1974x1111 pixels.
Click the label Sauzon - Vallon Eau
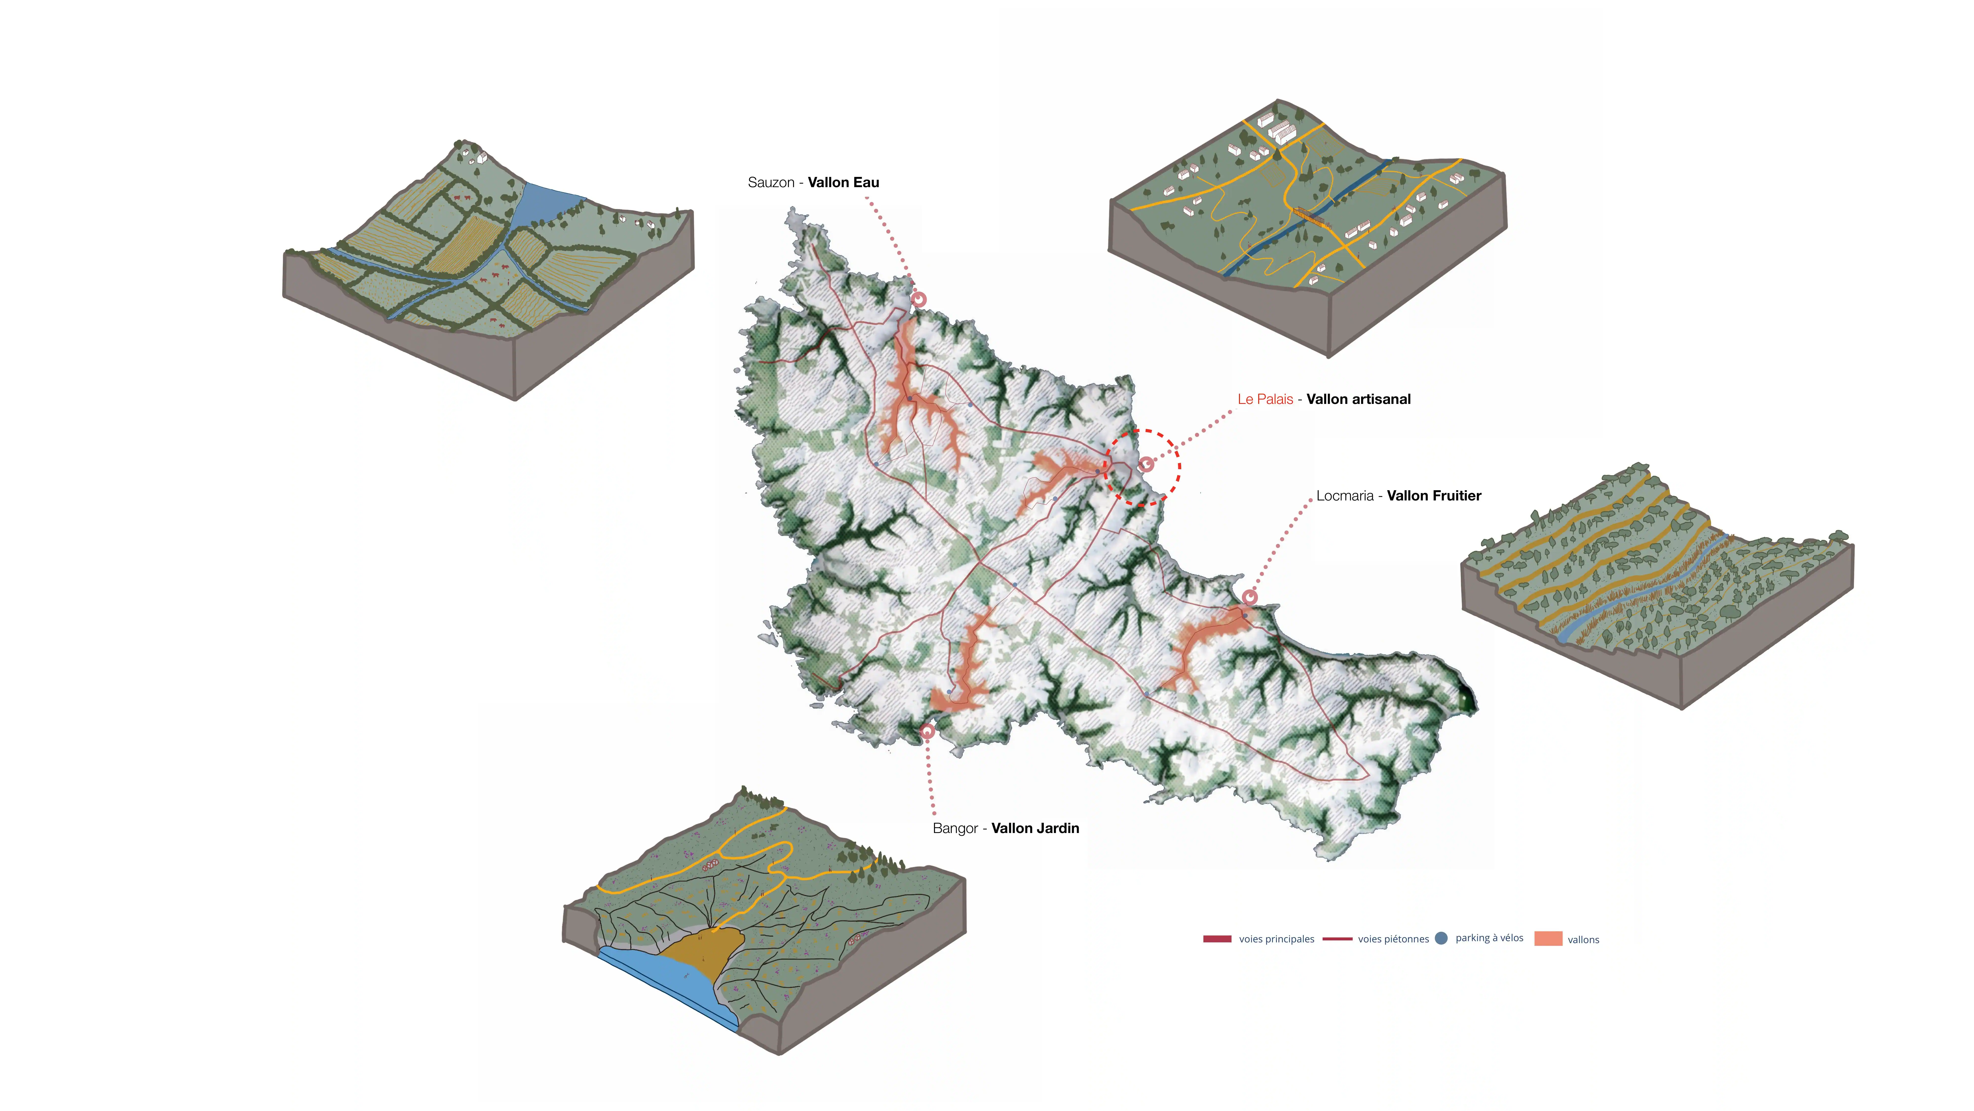tap(813, 182)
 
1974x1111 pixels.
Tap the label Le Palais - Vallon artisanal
tap(1323, 399)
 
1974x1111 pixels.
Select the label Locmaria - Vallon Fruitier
tap(1399, 496)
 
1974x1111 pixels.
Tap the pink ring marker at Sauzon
tap(919, 299)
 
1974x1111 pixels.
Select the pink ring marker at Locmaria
tap(1250, 597)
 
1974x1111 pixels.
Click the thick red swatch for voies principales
tap(1217, 938)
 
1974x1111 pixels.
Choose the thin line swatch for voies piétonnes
tap(1337, 938)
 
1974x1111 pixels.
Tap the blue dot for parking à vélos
tap(1441, 938)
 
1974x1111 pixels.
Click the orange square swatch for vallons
tap(1548, 938)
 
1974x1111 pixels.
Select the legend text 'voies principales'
tap(1276, 939)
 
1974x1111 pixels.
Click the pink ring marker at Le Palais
tap(1146, 464)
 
